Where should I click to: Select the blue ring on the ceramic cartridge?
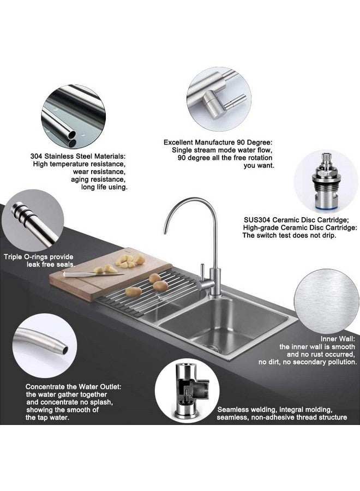(325, 208)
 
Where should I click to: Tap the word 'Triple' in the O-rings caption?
(13, 257)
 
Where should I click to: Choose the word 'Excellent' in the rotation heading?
(178, 142)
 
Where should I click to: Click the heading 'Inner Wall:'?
(338, 339)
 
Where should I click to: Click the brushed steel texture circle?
(327, 302)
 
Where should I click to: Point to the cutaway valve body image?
(187, 391)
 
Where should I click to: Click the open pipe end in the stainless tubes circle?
(71, 135)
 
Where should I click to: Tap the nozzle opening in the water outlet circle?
(65, 350)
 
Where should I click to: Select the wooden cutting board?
(110, 273)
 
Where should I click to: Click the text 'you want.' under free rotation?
(259, 166)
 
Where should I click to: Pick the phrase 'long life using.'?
(104, 187)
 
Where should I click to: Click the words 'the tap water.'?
(47, 417)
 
